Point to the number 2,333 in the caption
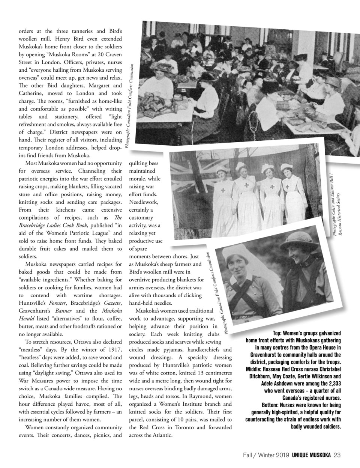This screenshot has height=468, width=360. tap(331, 384)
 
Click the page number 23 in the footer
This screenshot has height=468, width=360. tap(337, 455)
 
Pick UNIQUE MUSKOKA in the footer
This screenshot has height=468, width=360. tap(311, 455)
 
